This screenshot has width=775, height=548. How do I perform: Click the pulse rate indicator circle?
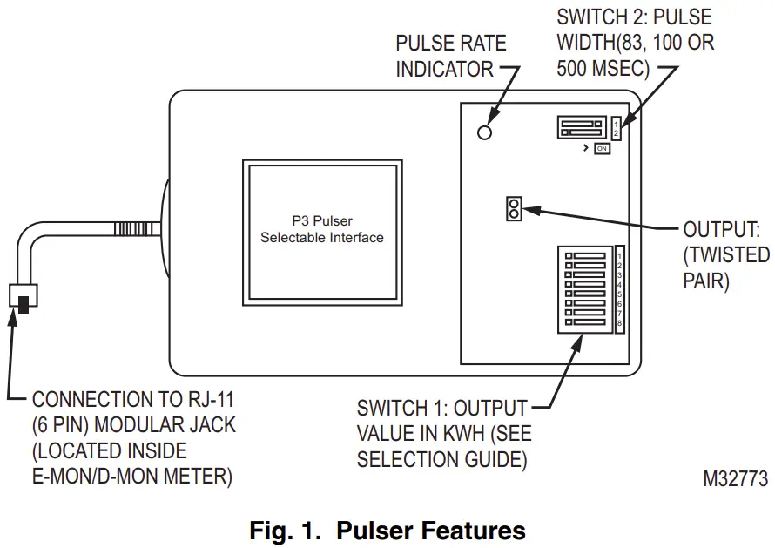(485, 132)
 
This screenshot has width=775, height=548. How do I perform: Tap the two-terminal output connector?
(513, 209)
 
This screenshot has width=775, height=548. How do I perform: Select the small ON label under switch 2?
(602, 149)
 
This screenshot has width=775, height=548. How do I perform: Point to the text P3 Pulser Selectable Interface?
(321, 229)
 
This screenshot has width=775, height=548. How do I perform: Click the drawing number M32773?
(737, 478)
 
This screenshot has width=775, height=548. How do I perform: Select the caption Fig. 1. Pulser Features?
(387, 530)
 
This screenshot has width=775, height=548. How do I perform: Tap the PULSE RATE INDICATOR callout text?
(450, 56)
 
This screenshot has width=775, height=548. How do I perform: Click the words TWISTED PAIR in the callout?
(726, 268)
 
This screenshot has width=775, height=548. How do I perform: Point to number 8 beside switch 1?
(619, 324)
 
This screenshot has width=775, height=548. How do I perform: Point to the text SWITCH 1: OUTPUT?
(441, 408)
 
